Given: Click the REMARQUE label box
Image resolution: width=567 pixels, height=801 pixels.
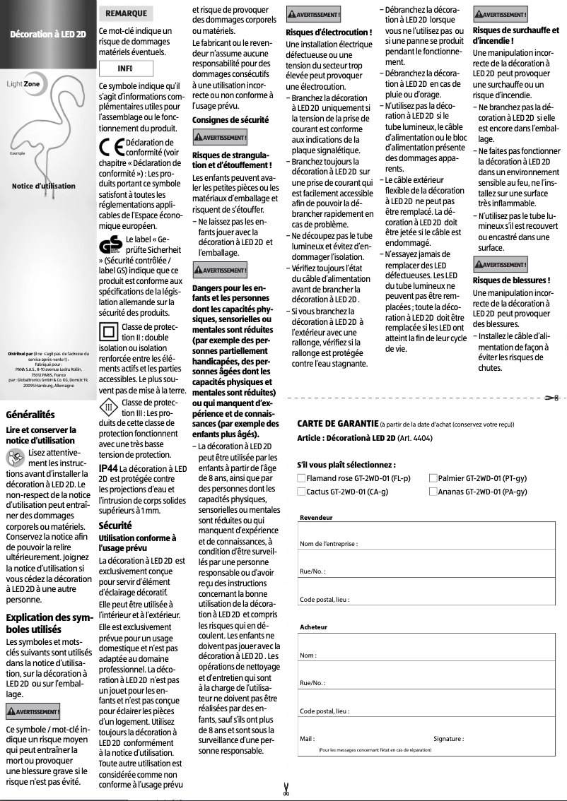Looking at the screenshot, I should [x=125, y=13].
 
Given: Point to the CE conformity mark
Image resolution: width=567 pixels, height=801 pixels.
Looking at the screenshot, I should [x=112, y=149].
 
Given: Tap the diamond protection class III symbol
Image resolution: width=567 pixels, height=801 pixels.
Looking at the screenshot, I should [x=109, y=408].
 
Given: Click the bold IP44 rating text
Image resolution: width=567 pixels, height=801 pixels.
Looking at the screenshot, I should [x=108, y=468].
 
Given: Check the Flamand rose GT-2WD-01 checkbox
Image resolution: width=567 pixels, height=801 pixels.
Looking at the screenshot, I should [x=301, y=478].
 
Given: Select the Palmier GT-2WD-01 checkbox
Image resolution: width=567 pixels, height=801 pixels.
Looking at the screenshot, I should [x=433, y=478].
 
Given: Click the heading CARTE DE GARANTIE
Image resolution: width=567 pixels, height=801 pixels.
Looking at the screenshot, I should [x=338, y=424].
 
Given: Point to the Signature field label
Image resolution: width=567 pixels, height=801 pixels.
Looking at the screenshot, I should [x=448, y=739].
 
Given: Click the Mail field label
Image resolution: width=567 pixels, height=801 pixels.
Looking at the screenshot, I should [x=307, y=739].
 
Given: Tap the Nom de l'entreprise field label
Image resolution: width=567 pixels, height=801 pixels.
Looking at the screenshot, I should [x=329, y=543].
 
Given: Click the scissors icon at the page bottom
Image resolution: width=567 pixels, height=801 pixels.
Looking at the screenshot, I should [x=286, y=790].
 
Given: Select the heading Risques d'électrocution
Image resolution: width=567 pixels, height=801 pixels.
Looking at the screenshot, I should [x=329, y=32].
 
